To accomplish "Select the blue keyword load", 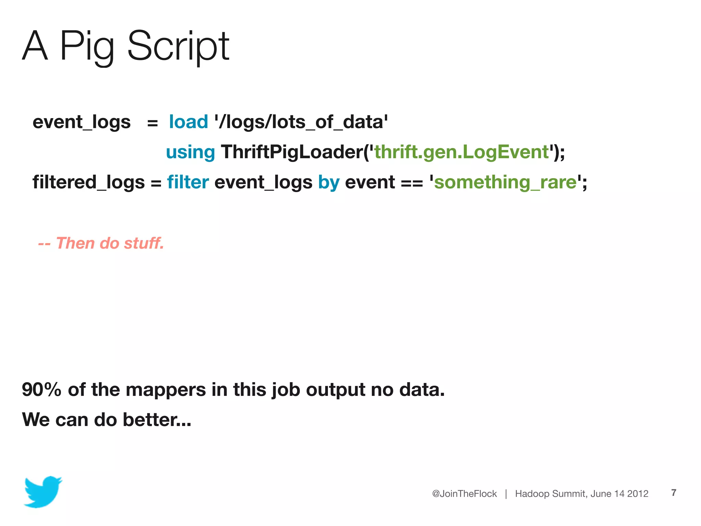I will [189, 122].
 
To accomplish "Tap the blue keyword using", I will [190, 152].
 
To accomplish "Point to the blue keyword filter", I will [188, 182].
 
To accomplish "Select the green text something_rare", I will [505, 182].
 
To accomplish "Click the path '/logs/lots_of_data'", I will [301, 122].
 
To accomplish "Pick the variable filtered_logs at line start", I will [89, 182].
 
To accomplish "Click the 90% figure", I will [41, 390].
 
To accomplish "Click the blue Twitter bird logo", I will [43, 492].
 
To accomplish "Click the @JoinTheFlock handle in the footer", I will [464, 494].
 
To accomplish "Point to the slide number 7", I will [674, 493].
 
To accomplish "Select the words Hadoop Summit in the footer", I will [551, 494].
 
